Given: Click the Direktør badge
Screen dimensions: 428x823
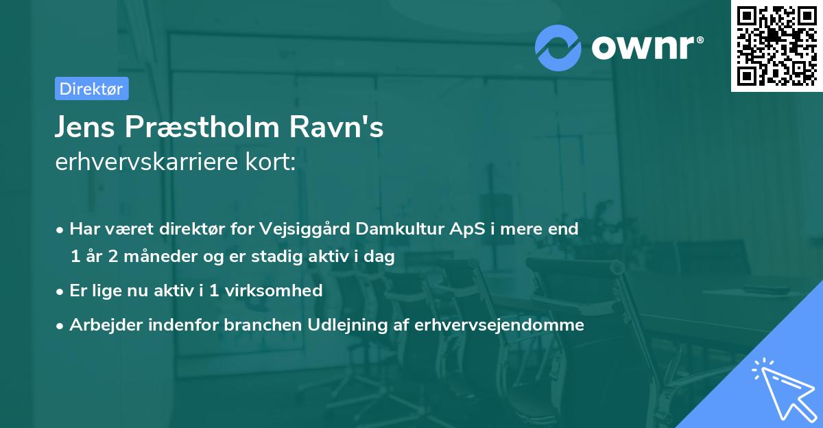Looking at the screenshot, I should click(x=91, y=88).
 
